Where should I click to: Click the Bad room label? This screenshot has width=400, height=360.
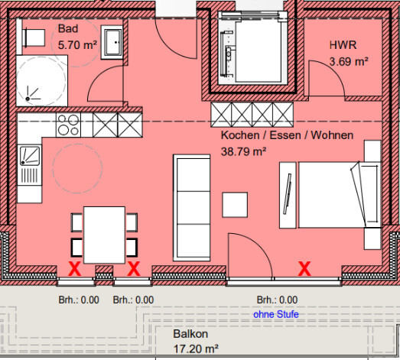tap(68, 28)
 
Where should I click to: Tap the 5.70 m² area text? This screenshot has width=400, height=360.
tap(77, 45)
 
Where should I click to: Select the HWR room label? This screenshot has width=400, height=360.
tap(343, 45)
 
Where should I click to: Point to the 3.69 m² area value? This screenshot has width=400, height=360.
tap(349, 61)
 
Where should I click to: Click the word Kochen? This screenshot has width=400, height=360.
tap(240, 135)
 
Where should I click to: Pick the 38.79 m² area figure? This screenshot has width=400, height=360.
tap(244, 151)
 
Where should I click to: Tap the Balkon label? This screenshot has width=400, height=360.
tap(190, 334)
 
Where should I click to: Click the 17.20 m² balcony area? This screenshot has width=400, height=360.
tap(196, 349)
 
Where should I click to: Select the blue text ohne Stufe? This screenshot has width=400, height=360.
tap(276, 314)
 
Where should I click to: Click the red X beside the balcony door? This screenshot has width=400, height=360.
tap(304, 269)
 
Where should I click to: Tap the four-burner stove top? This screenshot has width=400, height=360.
tap(68, 125)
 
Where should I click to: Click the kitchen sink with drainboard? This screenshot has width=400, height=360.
tap(30, 165)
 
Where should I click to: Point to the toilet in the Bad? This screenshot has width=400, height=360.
tap(34, 37)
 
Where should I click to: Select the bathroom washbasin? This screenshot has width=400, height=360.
tap(112, 42)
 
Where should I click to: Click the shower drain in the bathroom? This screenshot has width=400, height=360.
tap(28, 99)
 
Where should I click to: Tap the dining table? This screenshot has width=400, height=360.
tap(104, 235)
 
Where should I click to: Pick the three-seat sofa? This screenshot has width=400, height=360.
tap(191, 208)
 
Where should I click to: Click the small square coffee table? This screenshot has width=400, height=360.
tap(235, 205)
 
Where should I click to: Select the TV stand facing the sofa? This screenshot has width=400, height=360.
tap(288, 195)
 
